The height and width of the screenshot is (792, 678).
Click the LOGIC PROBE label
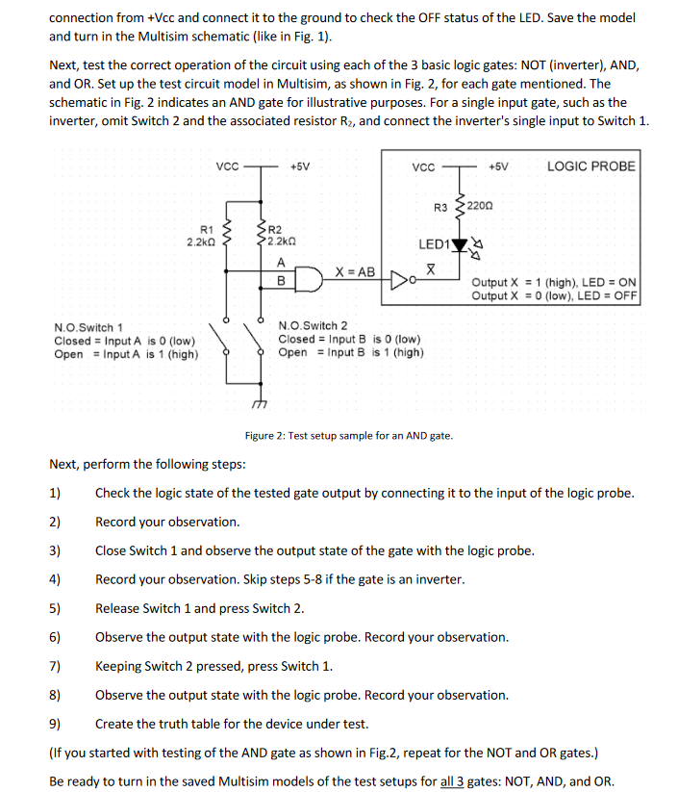(x=590, y=166)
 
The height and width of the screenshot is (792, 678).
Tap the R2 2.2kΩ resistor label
(x=280, y=235)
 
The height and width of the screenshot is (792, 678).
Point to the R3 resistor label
(x=441, y=207)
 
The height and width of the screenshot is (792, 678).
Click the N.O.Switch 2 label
(x=313, y=326)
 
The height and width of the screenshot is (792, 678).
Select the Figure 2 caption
(x=348, y=436)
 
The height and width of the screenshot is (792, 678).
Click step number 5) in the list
(x=55, y=608)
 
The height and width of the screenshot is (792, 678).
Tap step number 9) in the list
(x=55, y=724)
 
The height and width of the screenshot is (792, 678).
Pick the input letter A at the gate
(x=280, y=263)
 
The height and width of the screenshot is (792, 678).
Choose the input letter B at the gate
(x=280, y=281)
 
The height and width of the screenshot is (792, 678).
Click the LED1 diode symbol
(x=460, y=244)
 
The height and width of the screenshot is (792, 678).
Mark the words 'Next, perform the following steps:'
(x=147, y=465)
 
